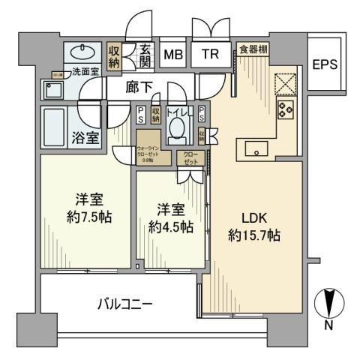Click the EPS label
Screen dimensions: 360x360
(325, 64)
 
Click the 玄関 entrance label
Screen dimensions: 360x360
(145, 55)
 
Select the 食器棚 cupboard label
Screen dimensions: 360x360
(254, 49)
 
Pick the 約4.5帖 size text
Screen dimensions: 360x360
(166, 226)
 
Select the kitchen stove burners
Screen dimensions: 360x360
(286, 109)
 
